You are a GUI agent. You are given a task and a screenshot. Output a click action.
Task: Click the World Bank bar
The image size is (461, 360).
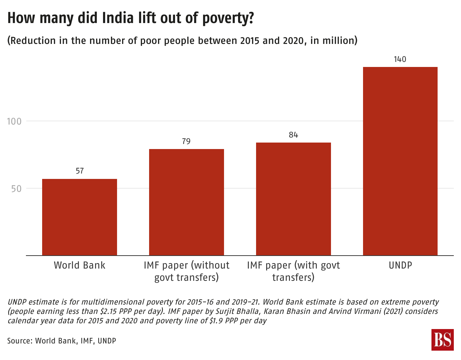point(80,217)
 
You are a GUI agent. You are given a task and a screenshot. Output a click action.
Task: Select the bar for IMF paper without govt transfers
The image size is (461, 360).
point(187,202)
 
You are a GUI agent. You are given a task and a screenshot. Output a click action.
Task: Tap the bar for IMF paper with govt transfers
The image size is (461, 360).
point(294,199)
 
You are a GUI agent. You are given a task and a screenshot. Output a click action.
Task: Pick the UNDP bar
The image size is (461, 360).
point(400,161)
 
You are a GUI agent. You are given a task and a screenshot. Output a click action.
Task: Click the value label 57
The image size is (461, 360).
point(80,171)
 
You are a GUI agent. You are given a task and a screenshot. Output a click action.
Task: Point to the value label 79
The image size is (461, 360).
point(186,141)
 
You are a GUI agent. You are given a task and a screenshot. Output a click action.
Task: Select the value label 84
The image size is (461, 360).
point(294,135)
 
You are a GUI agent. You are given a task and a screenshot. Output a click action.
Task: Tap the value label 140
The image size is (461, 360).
point(400,59)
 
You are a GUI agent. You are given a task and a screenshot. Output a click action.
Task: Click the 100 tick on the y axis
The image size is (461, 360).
point(14,121)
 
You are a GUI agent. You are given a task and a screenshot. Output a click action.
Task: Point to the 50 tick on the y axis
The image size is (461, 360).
point(16,189)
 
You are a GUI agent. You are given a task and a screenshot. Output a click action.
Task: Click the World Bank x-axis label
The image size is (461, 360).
point(80,265)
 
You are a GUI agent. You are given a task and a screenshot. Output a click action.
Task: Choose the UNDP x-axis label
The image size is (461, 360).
point(400,265)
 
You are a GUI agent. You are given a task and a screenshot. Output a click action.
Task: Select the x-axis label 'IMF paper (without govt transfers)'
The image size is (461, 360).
point(187,271)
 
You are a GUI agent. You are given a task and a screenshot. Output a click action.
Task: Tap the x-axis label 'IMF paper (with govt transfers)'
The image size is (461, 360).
point(294,271)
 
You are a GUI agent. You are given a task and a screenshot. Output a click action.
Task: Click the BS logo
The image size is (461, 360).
point(442,339)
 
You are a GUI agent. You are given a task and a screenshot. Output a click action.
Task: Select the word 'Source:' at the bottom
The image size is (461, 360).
point(20,341)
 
